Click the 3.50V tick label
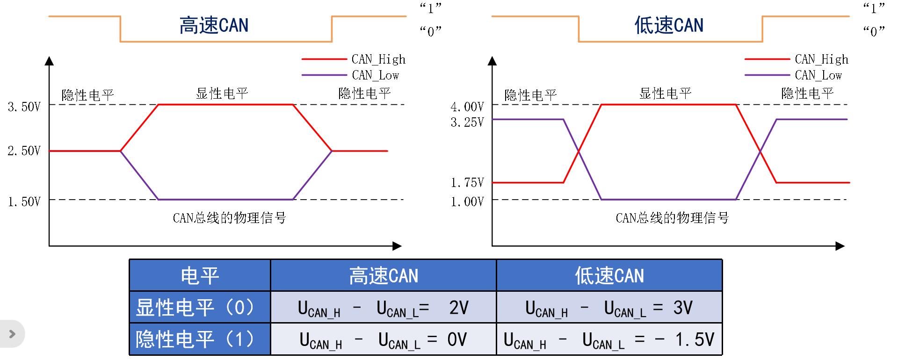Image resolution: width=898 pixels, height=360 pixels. [x=24, y=107]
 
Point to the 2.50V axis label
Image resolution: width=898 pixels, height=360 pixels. [x=24, y=151]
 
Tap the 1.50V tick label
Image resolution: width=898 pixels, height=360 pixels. [x=24, y=202]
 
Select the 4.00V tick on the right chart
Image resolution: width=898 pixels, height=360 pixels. [x=467, y=107]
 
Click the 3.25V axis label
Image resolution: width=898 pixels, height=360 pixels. [x=467, y=122]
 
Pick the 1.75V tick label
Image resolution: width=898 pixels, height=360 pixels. [x=467, y=183]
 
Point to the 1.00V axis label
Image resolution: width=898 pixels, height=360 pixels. [x=467, y=202]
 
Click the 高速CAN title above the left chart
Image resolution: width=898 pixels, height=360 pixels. [x=214, y=26]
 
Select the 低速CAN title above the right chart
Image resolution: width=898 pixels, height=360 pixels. [x=669, y=26]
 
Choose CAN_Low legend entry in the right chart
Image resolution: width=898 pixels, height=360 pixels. [x=818, y=75]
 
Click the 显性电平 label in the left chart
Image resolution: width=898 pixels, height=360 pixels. [x=222, y=94]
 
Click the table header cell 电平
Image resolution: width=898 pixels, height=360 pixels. [x=200, y=276]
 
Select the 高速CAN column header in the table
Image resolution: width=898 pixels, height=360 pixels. [x=384, y=276]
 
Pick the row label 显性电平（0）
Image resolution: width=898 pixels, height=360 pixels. [x=196, y=308]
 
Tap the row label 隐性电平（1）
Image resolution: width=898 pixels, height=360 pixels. [x=196, y=339]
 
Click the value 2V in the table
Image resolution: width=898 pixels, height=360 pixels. [x=459, y=308]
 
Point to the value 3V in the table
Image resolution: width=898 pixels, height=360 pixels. [x=683, y=308]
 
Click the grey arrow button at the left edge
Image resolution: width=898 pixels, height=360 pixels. [x=12, y=334]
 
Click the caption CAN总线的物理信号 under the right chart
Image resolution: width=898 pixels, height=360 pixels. [x=672, y=218]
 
